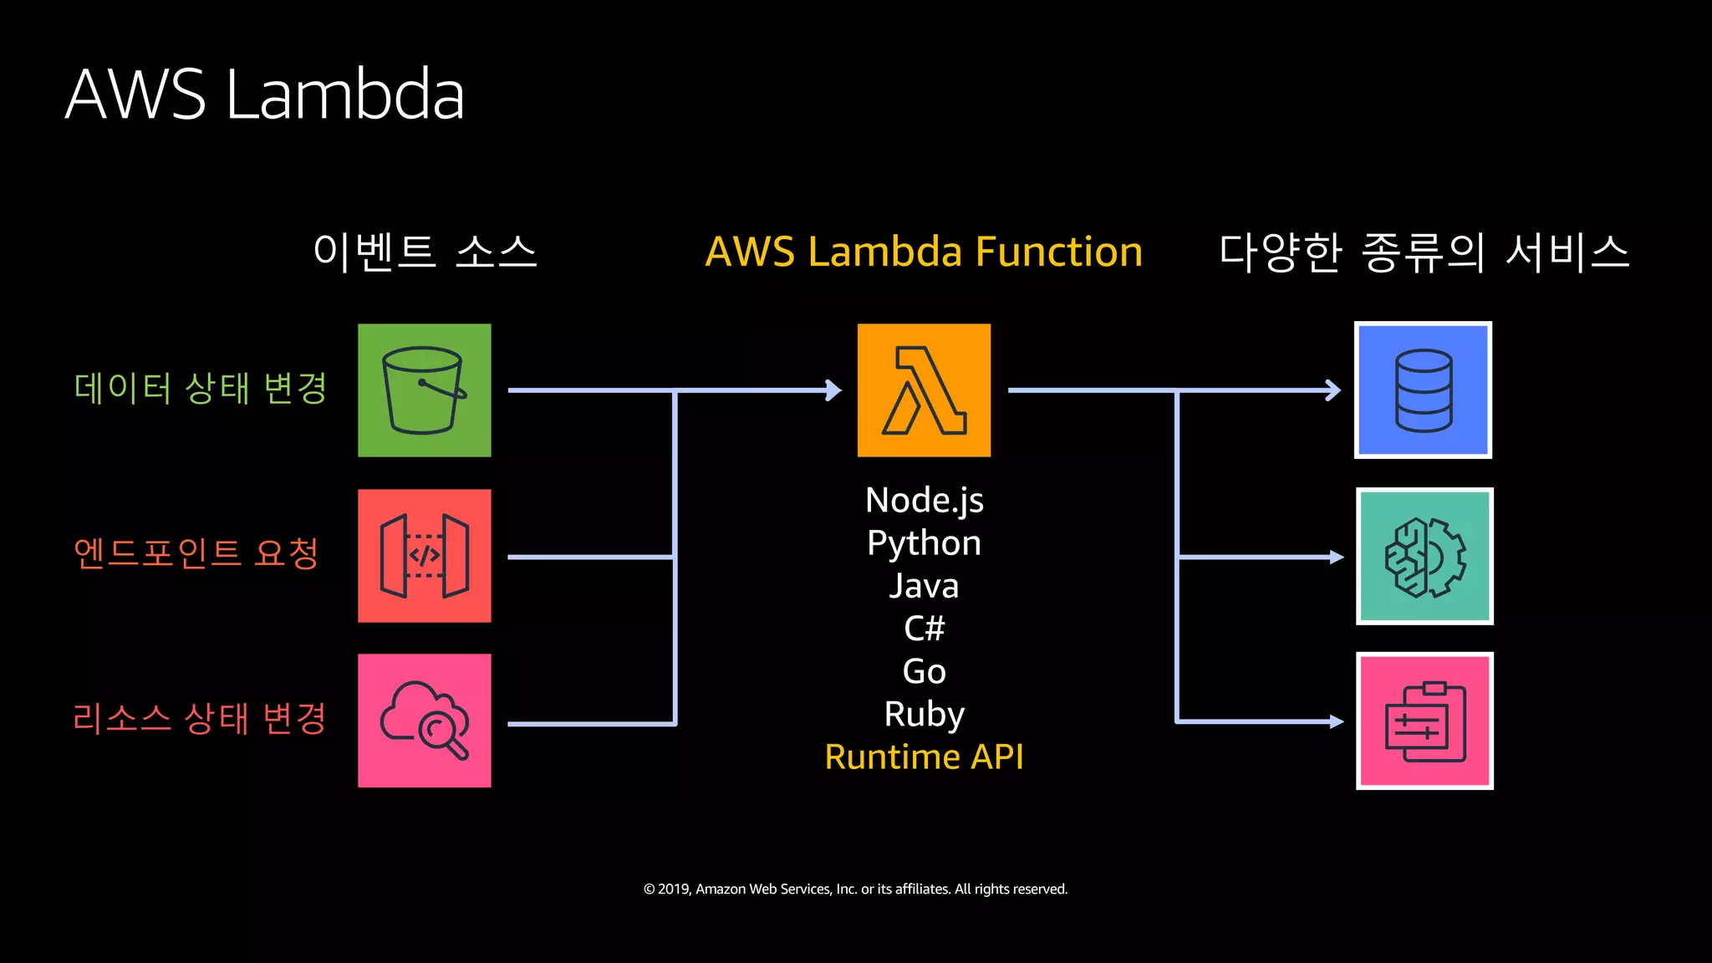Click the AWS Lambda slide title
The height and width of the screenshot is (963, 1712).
[264, 94]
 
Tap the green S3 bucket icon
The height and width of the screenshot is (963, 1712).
[424, 390]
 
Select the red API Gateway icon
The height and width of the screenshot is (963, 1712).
[424, 556]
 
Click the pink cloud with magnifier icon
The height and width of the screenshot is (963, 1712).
[424, 721]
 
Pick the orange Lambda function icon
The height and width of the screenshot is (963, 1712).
[924, 390]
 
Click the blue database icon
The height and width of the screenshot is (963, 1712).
[1423, 390]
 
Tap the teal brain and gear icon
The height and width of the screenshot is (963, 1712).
[1424, 557]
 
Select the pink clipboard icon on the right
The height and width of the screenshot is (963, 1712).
[1424, 721]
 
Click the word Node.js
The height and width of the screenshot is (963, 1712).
[924, 500]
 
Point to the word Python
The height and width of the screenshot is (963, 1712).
[924, 543]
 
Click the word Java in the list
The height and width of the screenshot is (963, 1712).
[924, 586]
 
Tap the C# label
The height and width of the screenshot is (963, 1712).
[924, 629]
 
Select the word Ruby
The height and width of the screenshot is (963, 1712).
[924, 714]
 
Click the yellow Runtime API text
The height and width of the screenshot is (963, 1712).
[924, 757]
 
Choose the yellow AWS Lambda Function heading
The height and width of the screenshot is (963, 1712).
[924, 252]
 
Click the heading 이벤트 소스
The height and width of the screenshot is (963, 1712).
[424, 252]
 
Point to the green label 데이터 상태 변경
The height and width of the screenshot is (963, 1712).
[200, 388]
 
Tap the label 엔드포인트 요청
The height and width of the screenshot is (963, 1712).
[196, 553]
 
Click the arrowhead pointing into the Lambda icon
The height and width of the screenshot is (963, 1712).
[833, 390]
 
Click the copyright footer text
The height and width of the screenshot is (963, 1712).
[855, 889]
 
